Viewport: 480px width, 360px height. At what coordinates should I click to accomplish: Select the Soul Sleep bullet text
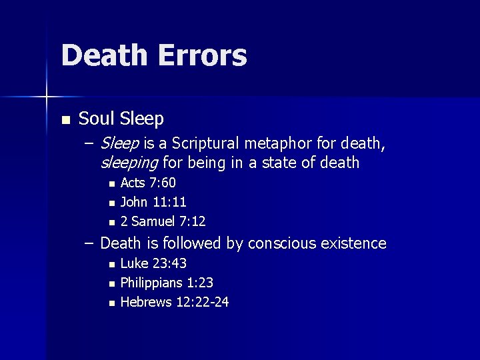coord(121,119)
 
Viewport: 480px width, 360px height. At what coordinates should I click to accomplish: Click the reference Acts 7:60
coord(148,183)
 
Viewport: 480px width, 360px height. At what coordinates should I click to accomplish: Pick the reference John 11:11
coord(153,202)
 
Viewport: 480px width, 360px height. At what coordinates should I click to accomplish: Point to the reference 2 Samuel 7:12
coord(163,221)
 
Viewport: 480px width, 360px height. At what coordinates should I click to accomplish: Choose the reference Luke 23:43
coord(152,265)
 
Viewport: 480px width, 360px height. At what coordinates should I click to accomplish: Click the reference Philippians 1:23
coord(167,283)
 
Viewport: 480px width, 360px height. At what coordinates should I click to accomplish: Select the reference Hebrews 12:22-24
coord(175,302)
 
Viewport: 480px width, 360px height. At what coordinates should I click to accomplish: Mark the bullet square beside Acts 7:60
coord(112,184)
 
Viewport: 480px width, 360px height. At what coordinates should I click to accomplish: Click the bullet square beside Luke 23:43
coord(112,265)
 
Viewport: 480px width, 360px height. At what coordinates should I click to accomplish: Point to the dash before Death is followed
coord(89,243)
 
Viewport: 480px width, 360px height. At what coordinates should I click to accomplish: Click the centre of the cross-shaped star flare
coord(47,97)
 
